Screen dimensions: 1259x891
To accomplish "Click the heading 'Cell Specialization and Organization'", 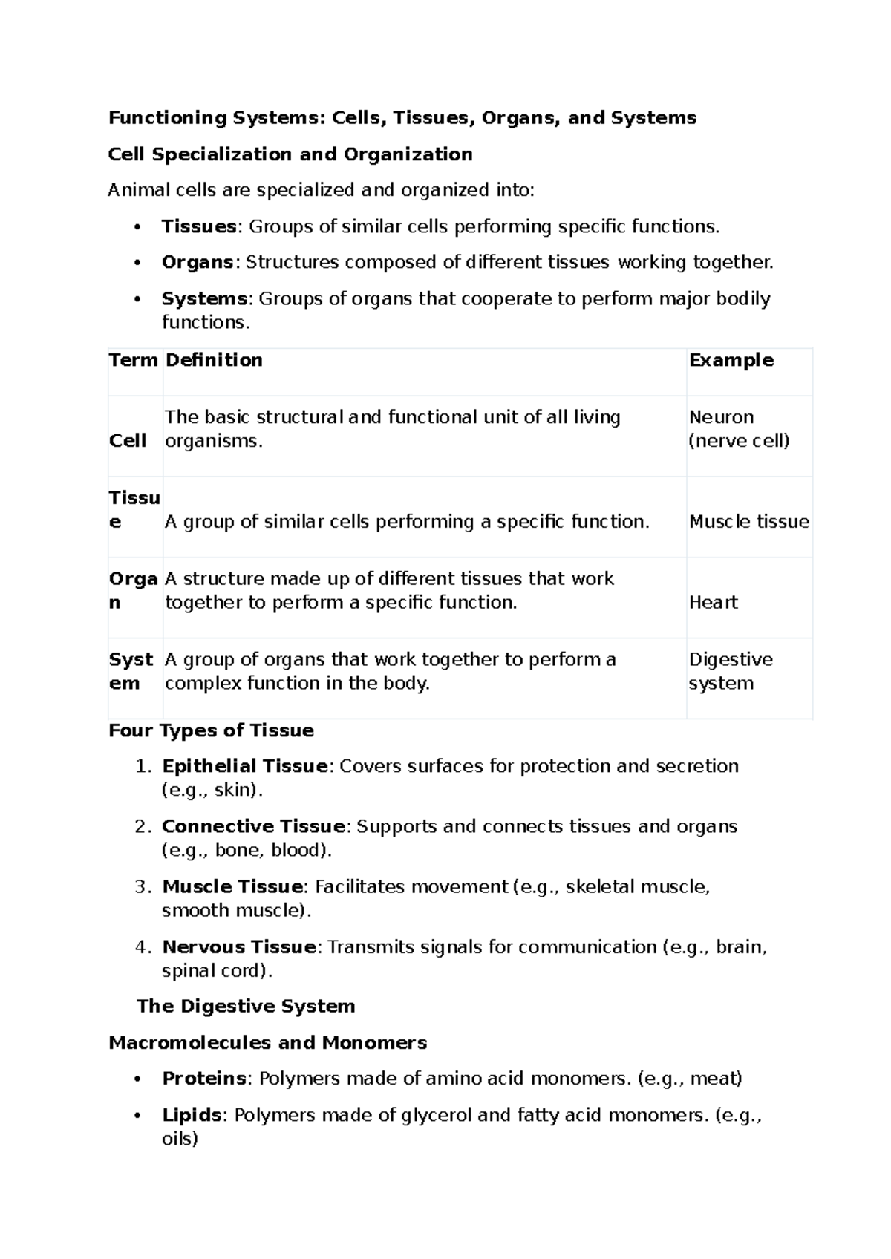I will click(290, 154).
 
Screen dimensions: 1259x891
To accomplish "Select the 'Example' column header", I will click(731, 360).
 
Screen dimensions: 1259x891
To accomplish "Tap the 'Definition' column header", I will click(214, 360).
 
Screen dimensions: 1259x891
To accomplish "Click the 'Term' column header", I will click(133, 360).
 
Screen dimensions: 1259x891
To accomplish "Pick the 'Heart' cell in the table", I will click(713, 602).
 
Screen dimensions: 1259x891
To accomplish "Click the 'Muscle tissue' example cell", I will click(748, 522).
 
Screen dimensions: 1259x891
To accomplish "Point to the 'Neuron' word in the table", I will click(721, 417).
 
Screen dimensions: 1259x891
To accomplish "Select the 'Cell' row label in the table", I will click(128, 441).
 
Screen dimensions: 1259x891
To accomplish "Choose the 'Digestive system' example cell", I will click(731, 671).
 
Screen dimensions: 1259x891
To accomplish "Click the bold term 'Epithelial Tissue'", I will click(244, 766).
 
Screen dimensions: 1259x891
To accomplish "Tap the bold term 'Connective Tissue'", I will click(253, 826).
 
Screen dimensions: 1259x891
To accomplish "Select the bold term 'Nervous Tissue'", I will click(239, 946).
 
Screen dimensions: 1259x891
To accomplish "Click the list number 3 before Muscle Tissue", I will click(143, 887).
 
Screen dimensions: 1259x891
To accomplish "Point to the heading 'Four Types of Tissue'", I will click(211, 730).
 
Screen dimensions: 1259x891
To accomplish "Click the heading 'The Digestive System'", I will click(246, 1007).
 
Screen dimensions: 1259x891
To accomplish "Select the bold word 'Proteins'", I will click(204, 1078).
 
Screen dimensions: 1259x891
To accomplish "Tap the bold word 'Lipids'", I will click(191, 1115).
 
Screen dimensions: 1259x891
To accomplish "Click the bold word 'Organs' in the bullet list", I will click(197, 262).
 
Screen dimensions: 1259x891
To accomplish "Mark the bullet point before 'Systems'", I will click(137, 299).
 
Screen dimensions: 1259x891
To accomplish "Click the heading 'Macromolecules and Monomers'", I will click(267, 1043).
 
